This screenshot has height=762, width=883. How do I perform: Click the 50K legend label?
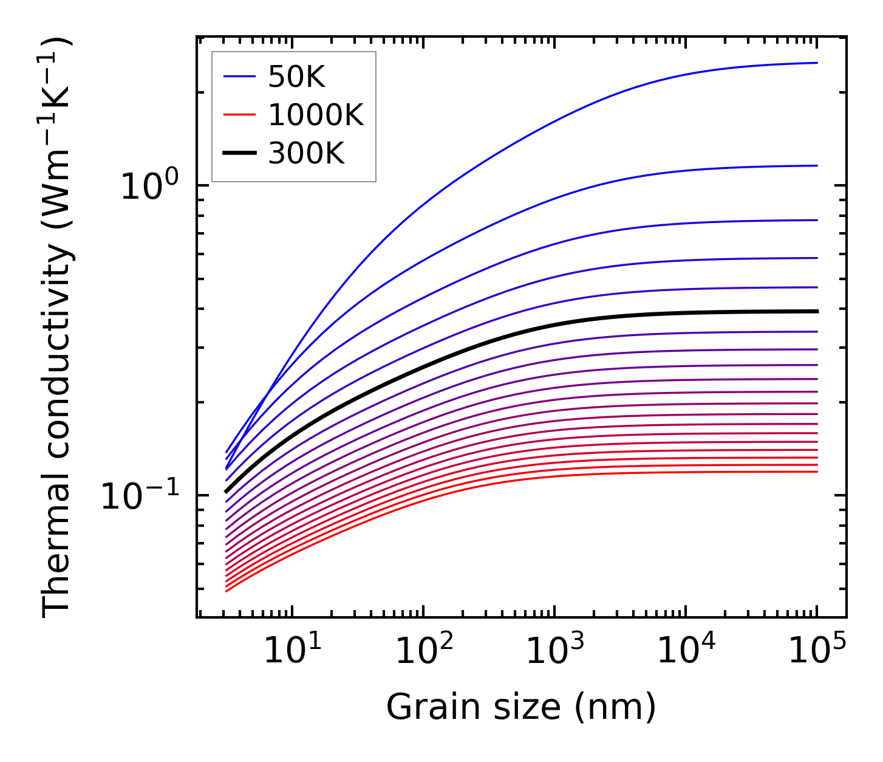pos(297,77)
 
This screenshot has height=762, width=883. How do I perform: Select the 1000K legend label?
pos(316,115)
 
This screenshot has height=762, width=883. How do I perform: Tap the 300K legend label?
pos(306,154)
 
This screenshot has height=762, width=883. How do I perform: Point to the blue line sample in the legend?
pos(240,77)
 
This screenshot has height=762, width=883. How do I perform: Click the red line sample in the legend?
pos(240,115)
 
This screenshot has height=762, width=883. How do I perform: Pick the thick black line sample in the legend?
pos(240,154)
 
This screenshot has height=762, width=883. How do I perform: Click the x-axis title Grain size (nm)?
pos(521,707)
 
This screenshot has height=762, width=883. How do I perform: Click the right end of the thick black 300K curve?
pos(817,311)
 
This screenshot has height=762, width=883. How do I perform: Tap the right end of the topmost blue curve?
pos(817,63)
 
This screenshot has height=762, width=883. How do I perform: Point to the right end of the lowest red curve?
pos(817,472)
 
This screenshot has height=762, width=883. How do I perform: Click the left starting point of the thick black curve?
pos(226,492)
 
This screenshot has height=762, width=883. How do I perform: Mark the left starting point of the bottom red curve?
pos(226,591)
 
